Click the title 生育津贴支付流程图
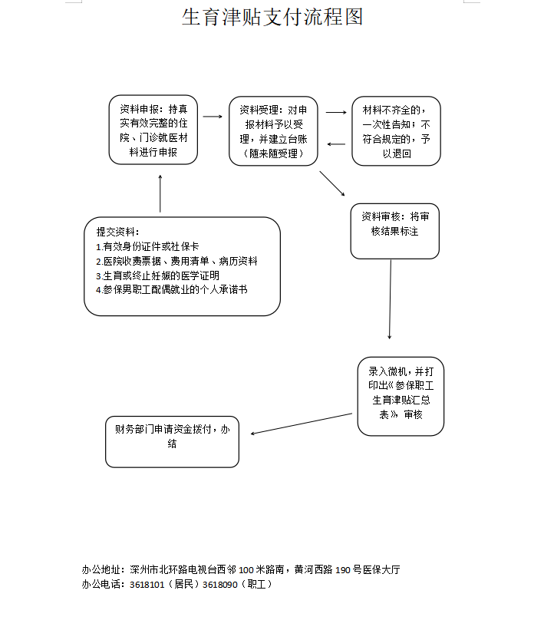pyautogui.click(x=272, y=17)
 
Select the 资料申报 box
pyautogui.click(x=153, y=130)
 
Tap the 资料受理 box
pyautogui.click(x=273, y=131)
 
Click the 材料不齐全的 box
pyautogui.click(x=396, y=131)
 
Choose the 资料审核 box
pyautogui.click(x=395, y=231)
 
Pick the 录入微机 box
pyautogui.click(x=401, y=396)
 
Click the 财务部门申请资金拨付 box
pyautogui.click(x=173, y=442)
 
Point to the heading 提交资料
pyautogui.click(x=118, y=232)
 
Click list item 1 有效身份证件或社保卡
pyautogui.click(x=147, y=246)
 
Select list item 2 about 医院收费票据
pyautogui.click(x=176, y=261)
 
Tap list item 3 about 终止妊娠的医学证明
pyautogui.click(x=157, y=275)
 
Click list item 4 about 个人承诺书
pyautogui.click(x=172, y=289)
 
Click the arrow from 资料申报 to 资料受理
pyautogui.click(x=213, y=117)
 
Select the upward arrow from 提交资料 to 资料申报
pyautogui.click(x=160, y=193)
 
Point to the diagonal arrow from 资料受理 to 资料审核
pyautogui.click(x=332, y=183)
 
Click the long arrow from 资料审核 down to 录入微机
pyautogui.click(x=391, y=299)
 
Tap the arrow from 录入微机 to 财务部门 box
pyautogui.click(x=302, y=424)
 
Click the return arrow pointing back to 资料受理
pyautogui.click(x=336, y=144)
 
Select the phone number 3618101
pyautogui.click(x=147, y=585)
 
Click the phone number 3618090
pyautogui.click(x=219, y=585)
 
